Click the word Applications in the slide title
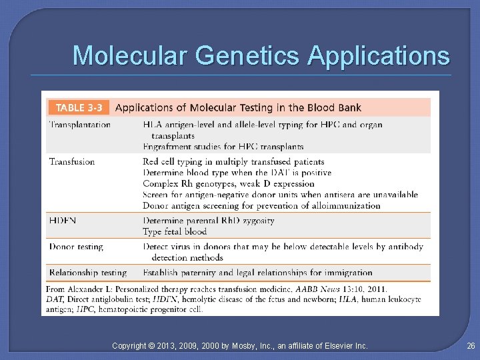[379, 56]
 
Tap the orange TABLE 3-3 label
[79, 107]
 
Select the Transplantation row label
[80, 125]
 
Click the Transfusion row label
[72, 161]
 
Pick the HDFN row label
[63, 220]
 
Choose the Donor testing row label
[76, 247]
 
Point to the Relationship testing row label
[87, 272]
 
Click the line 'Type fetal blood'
[175, 231]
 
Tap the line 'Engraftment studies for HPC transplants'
[223, 146]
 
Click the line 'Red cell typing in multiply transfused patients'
[233, 161]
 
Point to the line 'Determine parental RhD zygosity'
[209, 221]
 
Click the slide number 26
[471, 345]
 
